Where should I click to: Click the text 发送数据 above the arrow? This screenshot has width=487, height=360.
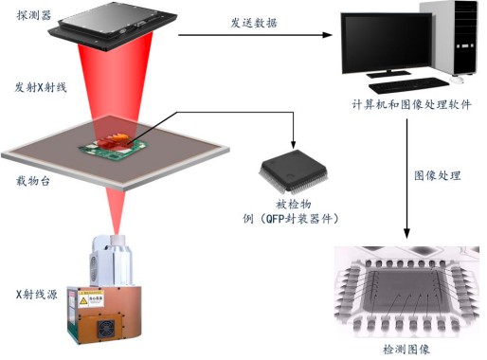point(253,23)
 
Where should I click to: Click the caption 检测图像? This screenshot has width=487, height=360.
point(406,348)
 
